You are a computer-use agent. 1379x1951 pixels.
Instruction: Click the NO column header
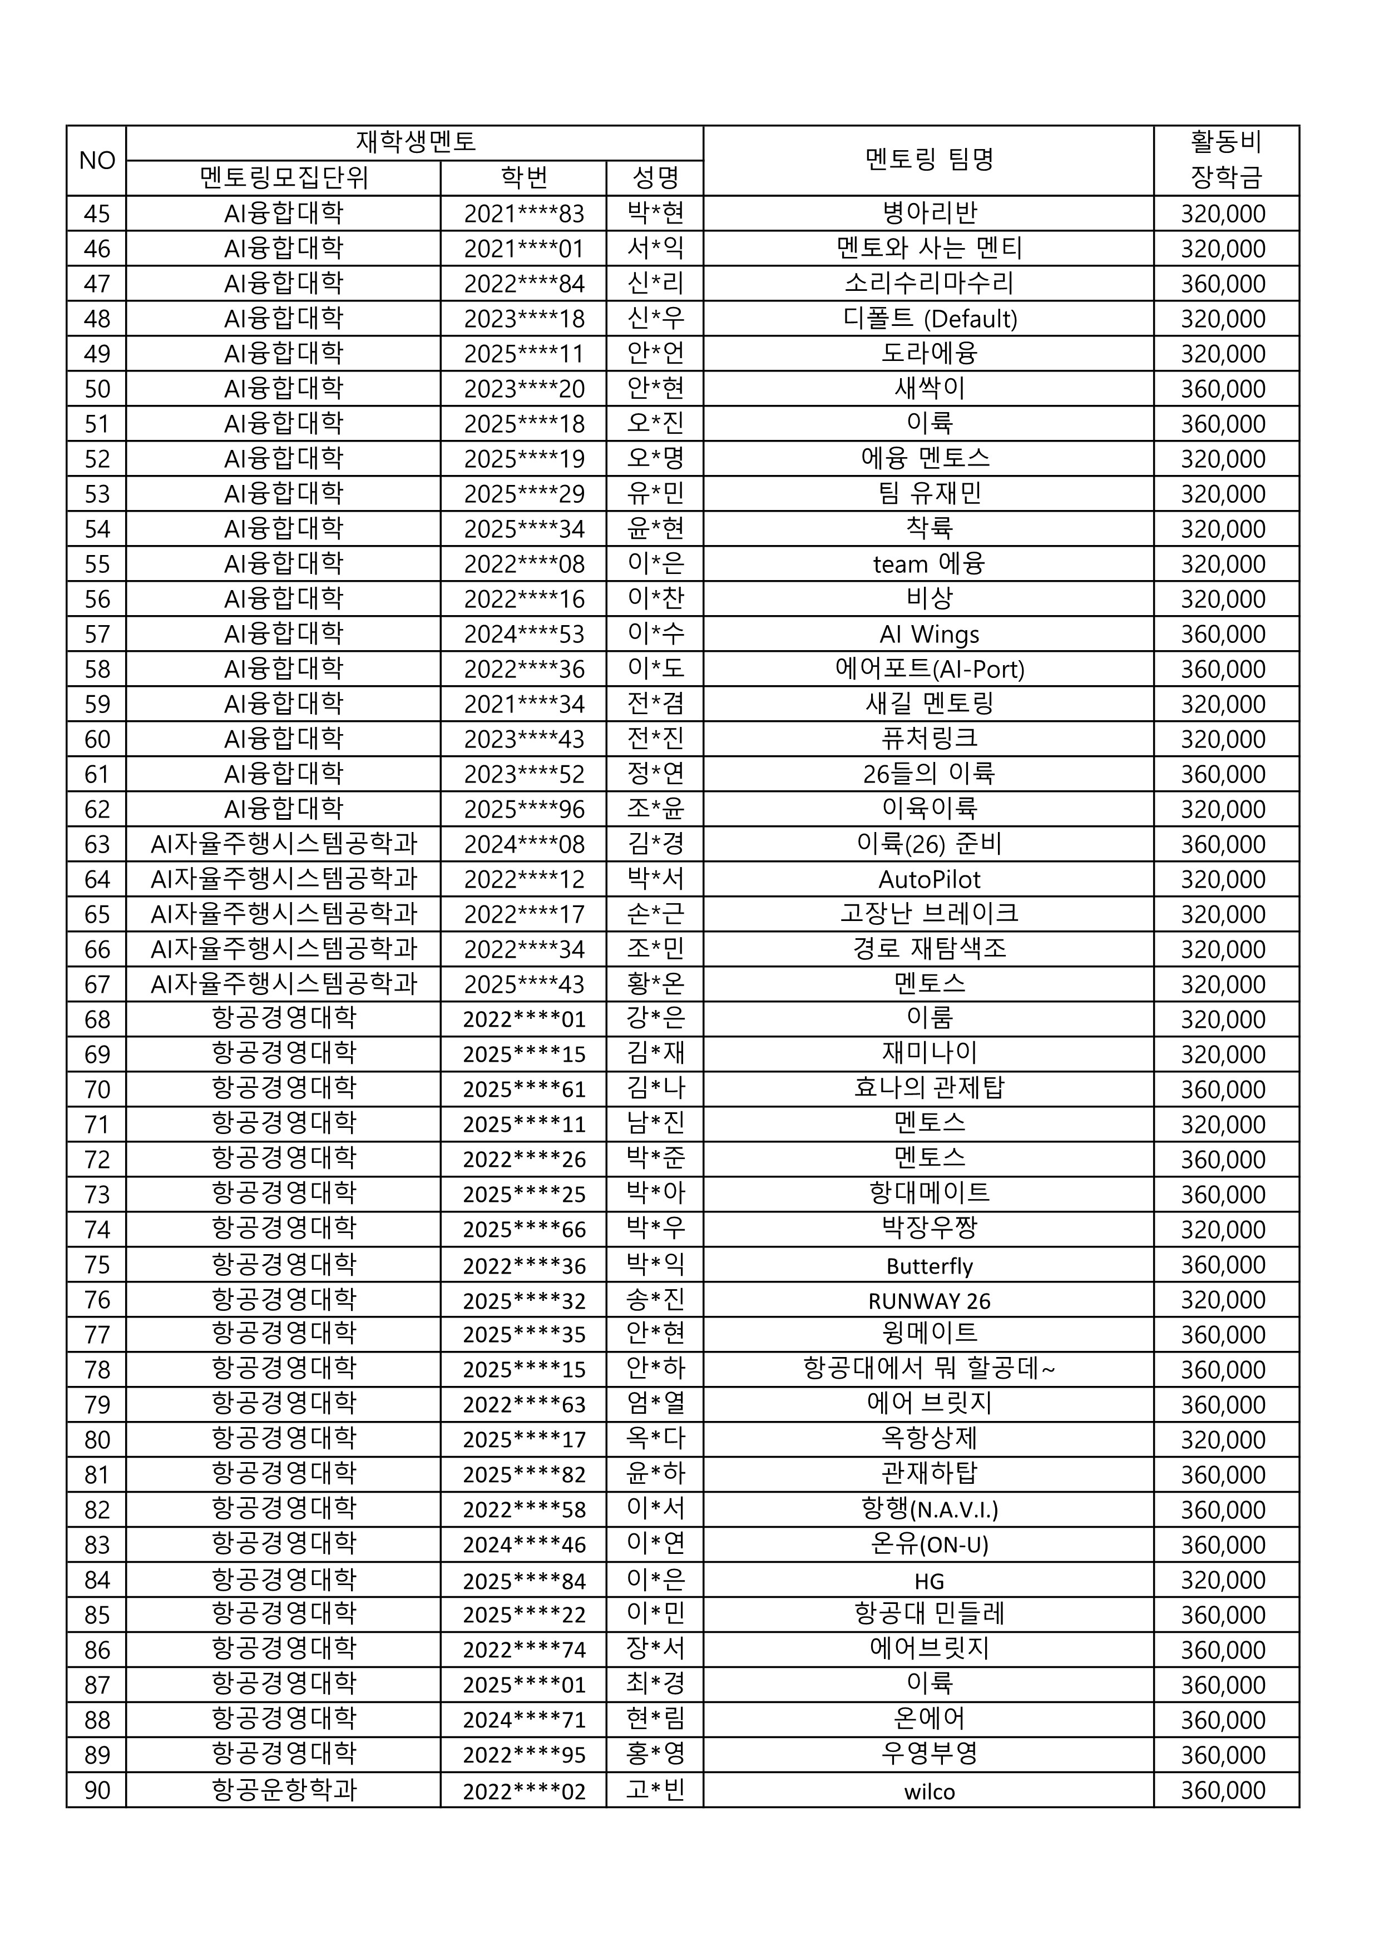point(96,161)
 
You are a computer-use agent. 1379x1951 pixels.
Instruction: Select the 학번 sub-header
point(523,177)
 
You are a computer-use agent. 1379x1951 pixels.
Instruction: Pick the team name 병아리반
point(930,213)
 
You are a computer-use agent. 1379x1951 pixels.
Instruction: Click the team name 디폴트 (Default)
point(930,319)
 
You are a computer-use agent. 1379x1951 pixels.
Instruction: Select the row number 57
point(96,634)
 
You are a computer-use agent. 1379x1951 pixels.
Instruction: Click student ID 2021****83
point(523,213)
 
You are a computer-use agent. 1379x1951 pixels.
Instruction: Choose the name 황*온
point(655,984)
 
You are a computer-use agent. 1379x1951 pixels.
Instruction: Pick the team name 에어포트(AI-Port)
point(930,669)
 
